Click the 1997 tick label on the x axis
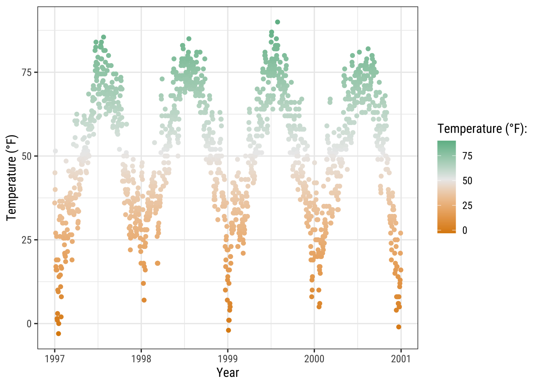[55, 359]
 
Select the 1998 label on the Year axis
[141, 359]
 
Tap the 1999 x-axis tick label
[228, 359]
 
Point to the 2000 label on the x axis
[314, 359]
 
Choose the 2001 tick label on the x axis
[401, 359]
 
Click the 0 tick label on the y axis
[29, 324]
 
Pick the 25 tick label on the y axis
[27, 240]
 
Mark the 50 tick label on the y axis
[27, 156]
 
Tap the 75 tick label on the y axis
[27, 72]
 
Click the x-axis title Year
[228, 373]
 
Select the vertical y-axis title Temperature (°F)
[12, 178]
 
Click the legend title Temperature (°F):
[482, 129]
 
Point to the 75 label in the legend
[467, 156]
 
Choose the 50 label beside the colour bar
[467, 181]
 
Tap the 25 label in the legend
[467, 206]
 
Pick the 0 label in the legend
[465, 230]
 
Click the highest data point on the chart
[278, 22]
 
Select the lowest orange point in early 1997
[58, 334]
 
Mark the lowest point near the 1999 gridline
[229, 330]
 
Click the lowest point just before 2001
[399, 327]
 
